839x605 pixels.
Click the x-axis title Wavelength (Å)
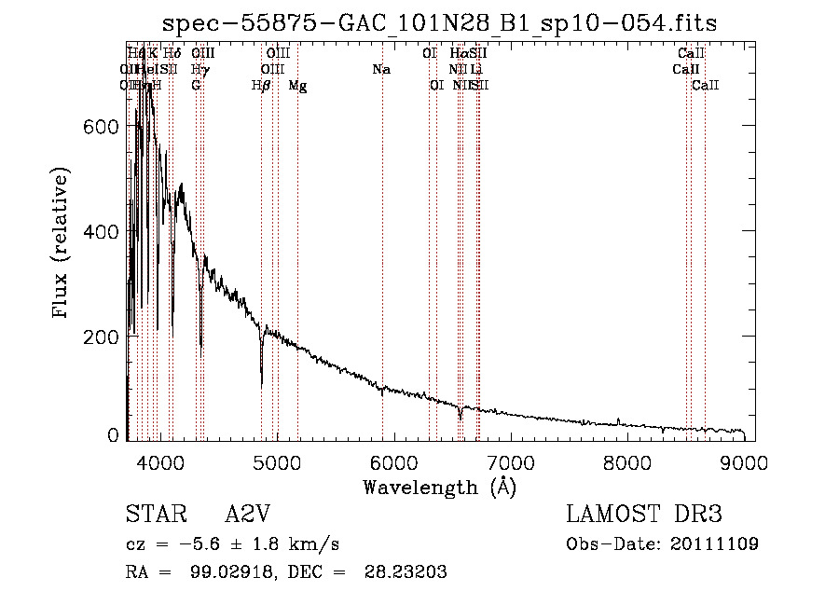click(x=439, y=487)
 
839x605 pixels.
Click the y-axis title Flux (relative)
click(x=62, y=244)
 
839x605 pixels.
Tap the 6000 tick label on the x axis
click(x=393, y=461)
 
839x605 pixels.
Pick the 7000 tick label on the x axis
click(x=511, y=461)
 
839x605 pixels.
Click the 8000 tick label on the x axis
click(x=627, y=461)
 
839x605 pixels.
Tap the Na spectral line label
click(x=380, y=70)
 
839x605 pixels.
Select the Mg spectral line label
click(x=297, y=86)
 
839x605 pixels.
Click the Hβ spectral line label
click(x=261, y=86)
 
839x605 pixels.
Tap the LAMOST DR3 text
click(x=644, y=515)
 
